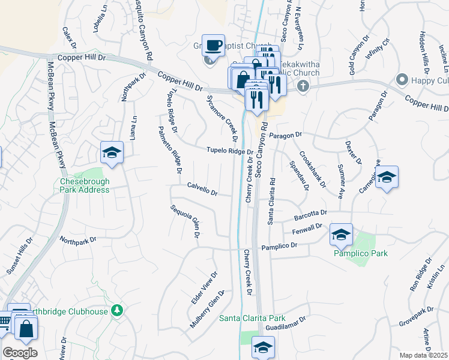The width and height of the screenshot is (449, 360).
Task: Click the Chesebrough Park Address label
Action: point(85,185)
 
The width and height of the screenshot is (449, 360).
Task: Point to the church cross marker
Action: point(303,86)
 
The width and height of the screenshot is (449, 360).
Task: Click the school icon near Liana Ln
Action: point(112,154)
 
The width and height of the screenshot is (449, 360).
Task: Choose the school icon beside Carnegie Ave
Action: point(387,178)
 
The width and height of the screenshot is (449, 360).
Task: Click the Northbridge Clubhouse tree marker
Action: point(118,310)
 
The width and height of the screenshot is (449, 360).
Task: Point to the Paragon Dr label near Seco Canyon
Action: point(285,136)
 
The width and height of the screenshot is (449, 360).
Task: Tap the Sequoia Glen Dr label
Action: point(184,221)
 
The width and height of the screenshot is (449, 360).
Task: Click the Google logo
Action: point(20,353)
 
